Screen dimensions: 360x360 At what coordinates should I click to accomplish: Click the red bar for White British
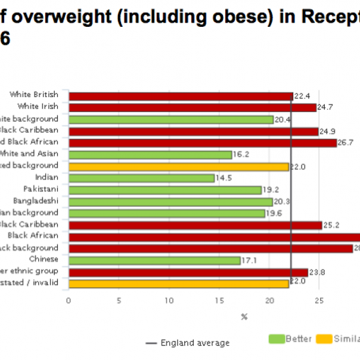pyautogui.click(x=181, y=96)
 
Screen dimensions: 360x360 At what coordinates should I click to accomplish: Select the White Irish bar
pyautogui.click(x=192, y=108)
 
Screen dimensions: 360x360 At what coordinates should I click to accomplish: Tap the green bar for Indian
pyautogui.click(x=141, y=178)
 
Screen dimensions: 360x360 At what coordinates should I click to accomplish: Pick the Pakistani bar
pyautogui.click(x=165, y=190)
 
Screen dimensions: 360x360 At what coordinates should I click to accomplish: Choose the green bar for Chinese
pyautogui.click(x=154, y=260)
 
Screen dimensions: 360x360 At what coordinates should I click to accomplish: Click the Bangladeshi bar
pyautogui.click(x=170, y=202)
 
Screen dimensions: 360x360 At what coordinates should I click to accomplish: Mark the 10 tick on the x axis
pyautogui.click(x=169, y=300)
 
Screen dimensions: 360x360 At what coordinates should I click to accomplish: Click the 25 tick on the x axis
pyautogui.click(x=319, y=300)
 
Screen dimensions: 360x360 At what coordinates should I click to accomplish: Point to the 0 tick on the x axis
pyautogui.click(x=69, y=300)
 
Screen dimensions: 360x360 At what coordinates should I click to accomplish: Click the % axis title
pyautogui.click(x=244, y=317)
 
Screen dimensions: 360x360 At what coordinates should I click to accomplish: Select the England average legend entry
pyautogui.click(x=187, y=343)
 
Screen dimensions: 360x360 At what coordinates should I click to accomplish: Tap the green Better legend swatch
pyautogui.click(x=277, y=339)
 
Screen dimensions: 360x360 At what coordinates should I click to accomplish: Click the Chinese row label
pyautogui.click(x=44, y=259)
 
